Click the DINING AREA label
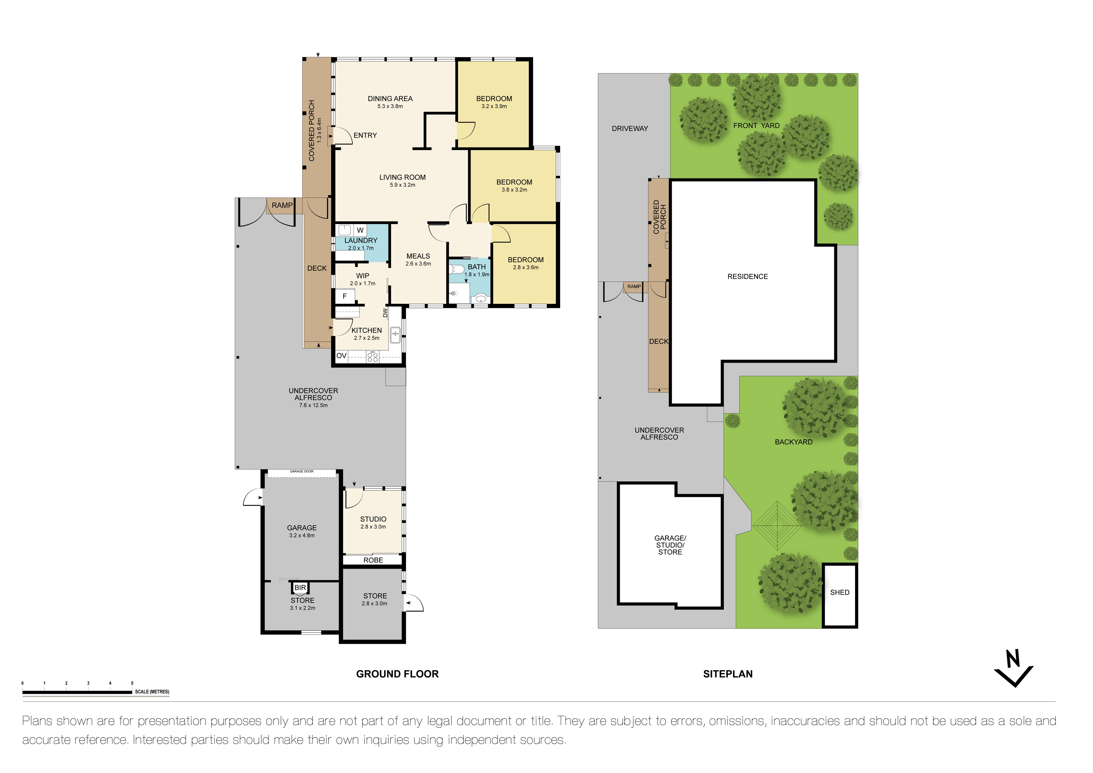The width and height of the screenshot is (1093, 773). [390, 98]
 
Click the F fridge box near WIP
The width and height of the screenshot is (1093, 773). [345, 296]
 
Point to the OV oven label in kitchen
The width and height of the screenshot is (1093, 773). [341, 355]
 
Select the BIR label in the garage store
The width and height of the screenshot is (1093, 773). [300, 588]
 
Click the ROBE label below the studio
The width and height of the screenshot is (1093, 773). [373, 560]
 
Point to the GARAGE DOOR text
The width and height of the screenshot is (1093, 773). [302, 471]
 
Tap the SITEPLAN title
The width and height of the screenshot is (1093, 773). [728, 674]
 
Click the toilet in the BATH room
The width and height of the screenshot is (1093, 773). [457, 270]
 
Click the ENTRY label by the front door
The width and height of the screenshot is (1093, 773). [365, 136]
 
